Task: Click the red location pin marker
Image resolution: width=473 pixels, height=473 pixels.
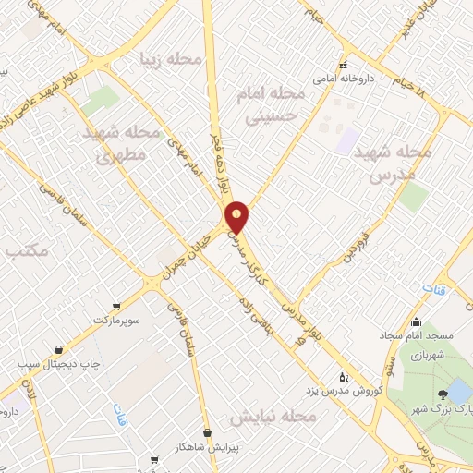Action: click(x=238, y=216)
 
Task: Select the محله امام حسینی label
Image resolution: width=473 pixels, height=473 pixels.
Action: click(x=276, y=107)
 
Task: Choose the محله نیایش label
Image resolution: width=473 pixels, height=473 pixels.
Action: click(x=273, y=417)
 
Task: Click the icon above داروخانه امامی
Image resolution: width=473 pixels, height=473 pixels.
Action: click(x=343, y=66)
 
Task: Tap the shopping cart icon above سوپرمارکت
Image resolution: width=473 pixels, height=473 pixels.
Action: click(x=115, y=306)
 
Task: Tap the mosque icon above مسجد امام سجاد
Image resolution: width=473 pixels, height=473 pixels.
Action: click(x=417, y=322)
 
